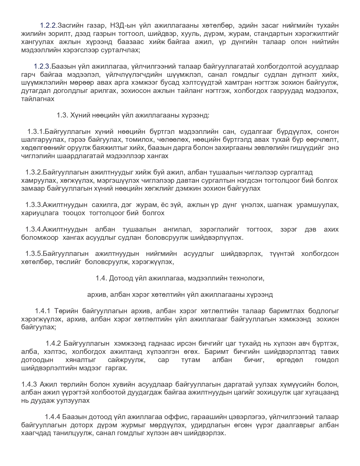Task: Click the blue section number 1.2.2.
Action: (x=49, y=25)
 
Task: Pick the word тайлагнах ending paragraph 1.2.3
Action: (x=38, y=99)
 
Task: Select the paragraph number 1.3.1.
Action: (x=36, y=131)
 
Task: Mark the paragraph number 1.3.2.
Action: (x=34, y=172)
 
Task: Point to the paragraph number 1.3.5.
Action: (x=34, y=253)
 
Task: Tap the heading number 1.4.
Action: (x=101, y=278)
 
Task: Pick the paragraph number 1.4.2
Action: (x=53, y=343)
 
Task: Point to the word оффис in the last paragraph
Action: (x=180, y=417)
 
